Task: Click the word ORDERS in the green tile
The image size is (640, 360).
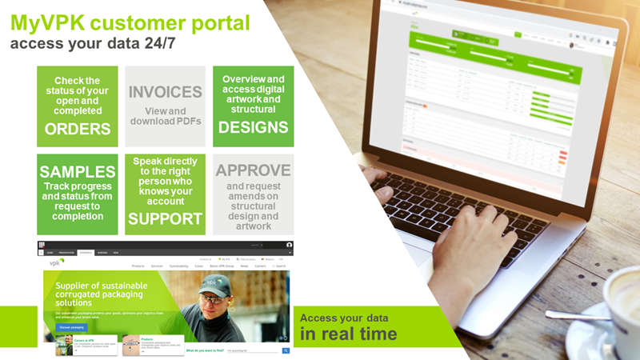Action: coord(78,130)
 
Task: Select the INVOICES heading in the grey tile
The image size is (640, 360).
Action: coord(165,91)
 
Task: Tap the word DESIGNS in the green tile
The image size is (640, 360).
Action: coord(253,127)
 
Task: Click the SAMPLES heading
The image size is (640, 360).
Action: coord(78,172)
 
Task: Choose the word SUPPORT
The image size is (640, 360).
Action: coord(165,218)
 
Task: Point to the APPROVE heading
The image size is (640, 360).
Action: coord(253,170)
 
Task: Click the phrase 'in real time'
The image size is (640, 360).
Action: coord(348,334)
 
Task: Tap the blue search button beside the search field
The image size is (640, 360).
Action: coord(286,350)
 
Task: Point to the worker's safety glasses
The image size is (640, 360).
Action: coord(211,298)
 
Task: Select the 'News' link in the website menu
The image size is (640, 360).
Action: coord(244,266)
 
